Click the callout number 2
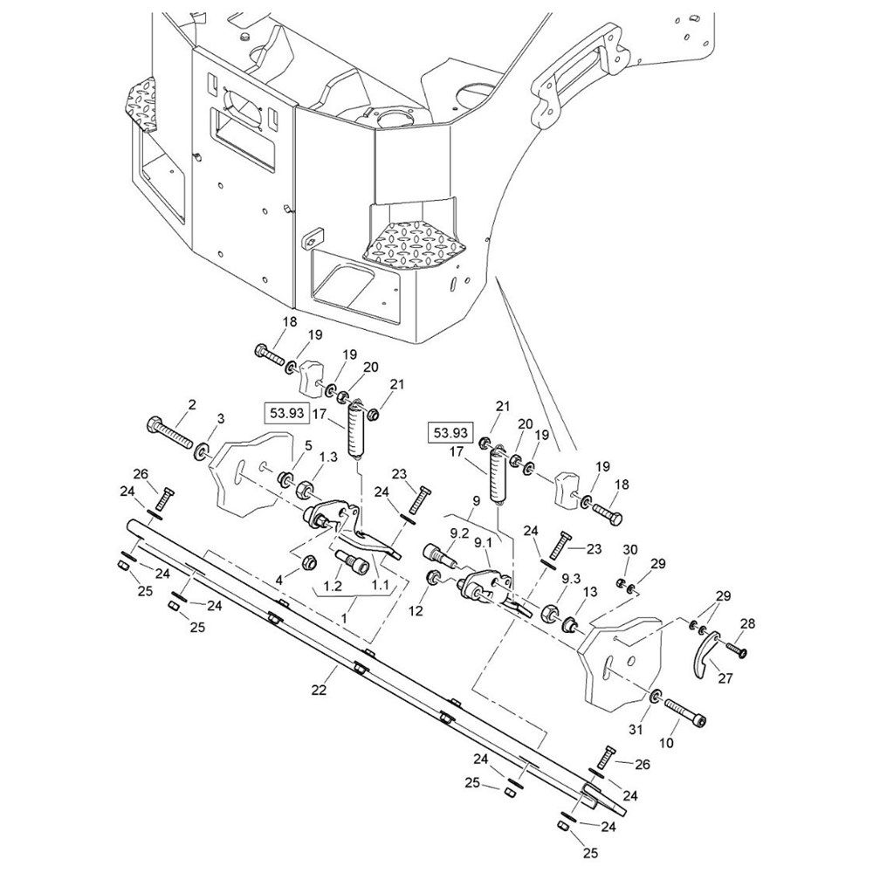[192, 405]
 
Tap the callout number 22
[319, 690]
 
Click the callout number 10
[666, 743]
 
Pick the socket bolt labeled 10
[685, 712]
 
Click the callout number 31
[636, 730]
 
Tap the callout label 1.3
[328, 457]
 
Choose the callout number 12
[416, 611]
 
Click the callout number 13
[589, 591]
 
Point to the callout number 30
[629, 549]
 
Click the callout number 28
[748, 623]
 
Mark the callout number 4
[280, 581]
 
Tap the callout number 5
[308, 445]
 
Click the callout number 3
[221, 419]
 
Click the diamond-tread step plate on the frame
[414, 243]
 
